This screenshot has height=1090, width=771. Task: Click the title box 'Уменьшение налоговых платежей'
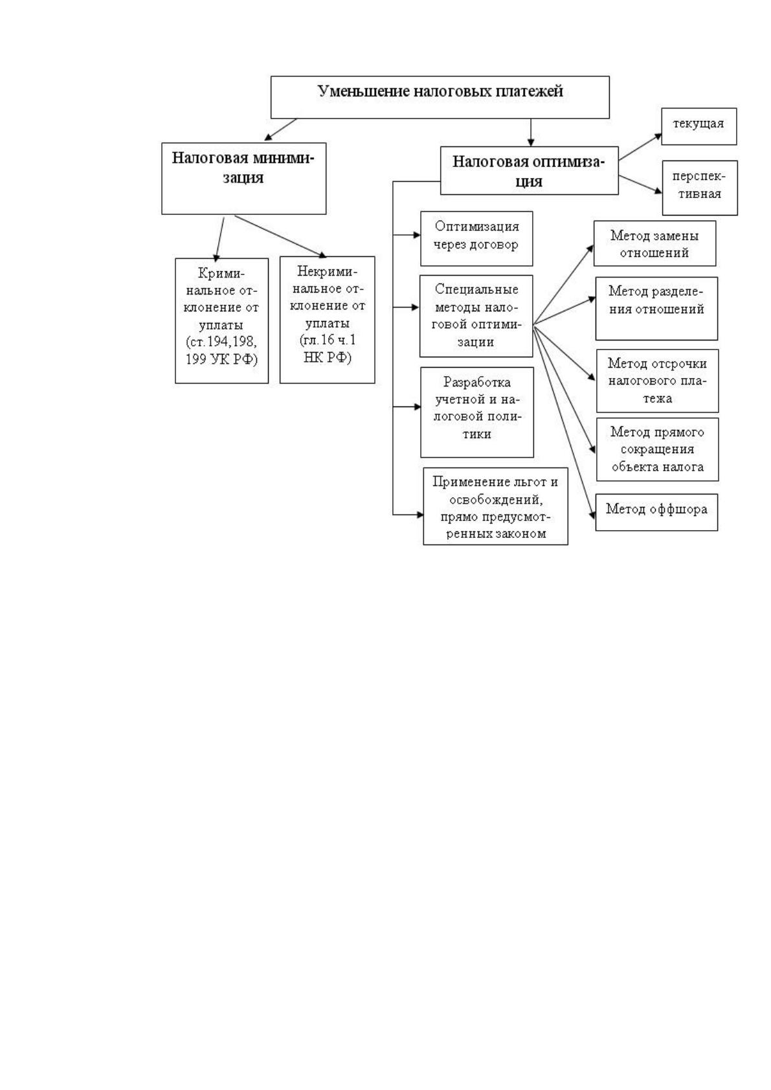tap(440, 97)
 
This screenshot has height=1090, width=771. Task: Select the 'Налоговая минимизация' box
tap(244, 178)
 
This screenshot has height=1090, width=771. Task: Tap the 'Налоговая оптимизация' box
tap(529, 170)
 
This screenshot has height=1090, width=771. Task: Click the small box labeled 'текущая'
tap(699, 126)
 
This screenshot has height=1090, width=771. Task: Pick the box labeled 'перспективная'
tap(700, 188)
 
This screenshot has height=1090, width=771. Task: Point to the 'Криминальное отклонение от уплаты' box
tap(221, 320)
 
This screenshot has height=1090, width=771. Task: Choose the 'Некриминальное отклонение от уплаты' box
tap(327, 320)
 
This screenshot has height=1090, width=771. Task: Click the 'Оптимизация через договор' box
tap(476, 238)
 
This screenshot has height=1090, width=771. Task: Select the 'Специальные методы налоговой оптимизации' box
tap(476, 316)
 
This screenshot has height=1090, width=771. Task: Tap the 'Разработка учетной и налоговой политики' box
tap(477, 412)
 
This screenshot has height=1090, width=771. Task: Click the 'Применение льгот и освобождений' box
tap(495, 506)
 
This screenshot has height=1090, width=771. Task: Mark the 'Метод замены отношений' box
tap(654, 243)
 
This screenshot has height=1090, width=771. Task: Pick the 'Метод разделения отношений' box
tap(656, 309)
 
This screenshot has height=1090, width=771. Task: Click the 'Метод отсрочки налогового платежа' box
tap(658, 381)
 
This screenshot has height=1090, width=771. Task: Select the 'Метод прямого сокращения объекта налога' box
tap(658, 449)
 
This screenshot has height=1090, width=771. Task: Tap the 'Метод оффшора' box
tap(656, 512)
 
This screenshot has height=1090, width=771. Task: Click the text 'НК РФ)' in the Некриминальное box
tap(327, 358)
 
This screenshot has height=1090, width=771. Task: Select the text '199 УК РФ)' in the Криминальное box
tap(221, 359)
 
